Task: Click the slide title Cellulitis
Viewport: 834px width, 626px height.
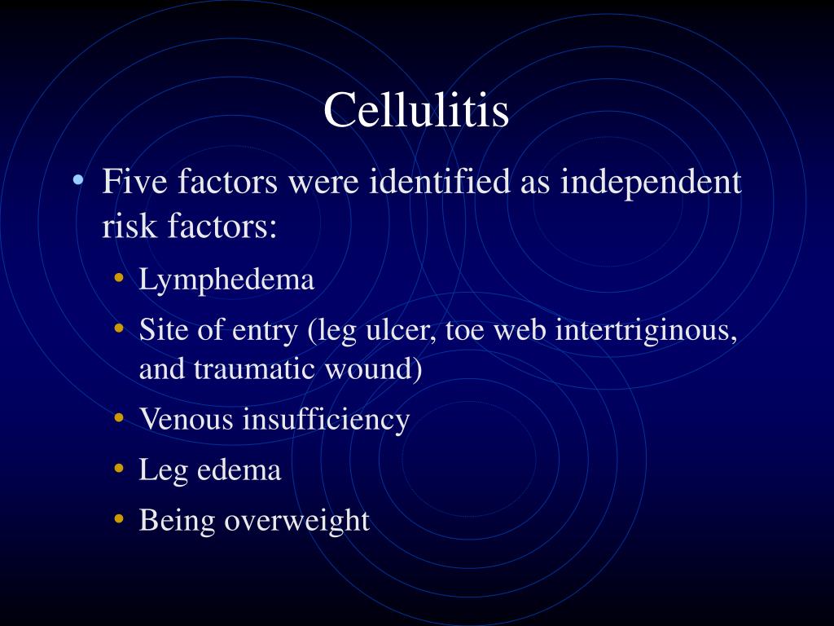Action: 416,110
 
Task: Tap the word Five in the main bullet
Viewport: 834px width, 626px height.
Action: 134,182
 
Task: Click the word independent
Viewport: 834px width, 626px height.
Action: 651,182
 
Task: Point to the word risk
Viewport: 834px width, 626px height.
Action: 129,227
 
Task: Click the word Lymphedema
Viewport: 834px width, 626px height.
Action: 226,280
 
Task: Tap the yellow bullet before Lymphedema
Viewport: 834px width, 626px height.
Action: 120,279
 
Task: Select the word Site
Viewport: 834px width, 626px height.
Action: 162,331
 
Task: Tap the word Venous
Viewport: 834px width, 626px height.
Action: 187,420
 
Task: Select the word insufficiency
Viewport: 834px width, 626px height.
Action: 326,420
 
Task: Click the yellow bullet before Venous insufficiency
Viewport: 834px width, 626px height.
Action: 120,419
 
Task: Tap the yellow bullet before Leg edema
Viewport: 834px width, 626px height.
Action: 120,469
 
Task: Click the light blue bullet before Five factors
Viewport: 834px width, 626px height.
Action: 78,180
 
